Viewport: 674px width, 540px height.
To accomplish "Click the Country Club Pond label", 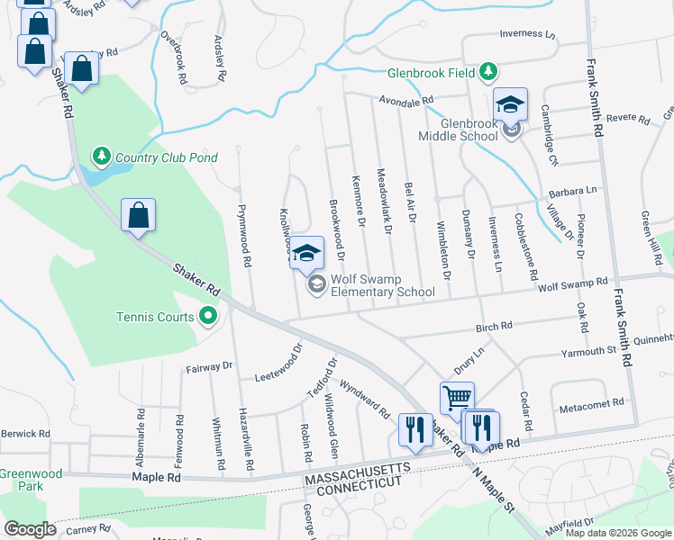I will [167, 157].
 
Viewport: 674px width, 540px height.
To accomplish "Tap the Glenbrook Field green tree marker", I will [487, 71].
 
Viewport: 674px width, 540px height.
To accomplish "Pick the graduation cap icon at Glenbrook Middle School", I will [510, 103].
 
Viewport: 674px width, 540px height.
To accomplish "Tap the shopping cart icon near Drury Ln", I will [457, 396].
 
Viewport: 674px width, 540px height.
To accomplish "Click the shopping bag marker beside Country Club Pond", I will [138, 215].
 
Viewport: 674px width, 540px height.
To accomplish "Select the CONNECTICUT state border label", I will [358, 483].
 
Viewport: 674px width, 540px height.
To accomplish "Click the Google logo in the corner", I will [30, 529].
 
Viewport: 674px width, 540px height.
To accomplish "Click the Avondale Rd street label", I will [406, 101].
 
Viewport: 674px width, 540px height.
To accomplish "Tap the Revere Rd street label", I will [627, 118].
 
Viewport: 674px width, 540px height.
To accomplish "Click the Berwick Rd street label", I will [23, 433].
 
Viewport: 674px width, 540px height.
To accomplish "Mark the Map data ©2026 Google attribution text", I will [618, 533].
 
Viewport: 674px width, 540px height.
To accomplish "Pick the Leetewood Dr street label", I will [278, 362].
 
